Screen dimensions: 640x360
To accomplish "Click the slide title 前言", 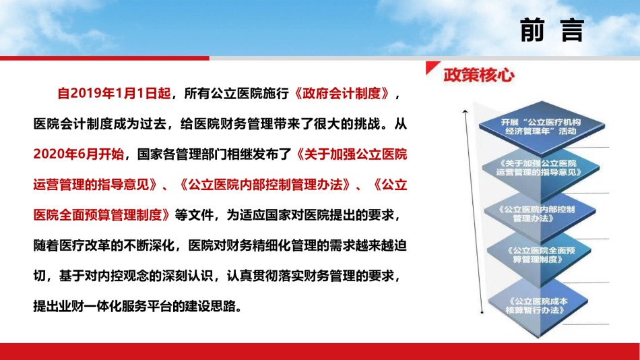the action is pyautogui.click(x=552, y=30).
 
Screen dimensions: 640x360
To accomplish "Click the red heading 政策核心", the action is pyautogui.click(x=479, y=76).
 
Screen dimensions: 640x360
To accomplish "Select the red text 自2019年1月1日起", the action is pyautogui.click(x=114, y=93).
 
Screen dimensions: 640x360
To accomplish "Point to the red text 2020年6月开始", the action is pyautogui.click(x=78, y=154).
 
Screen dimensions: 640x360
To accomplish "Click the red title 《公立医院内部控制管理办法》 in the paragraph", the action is pyautogui.click(x=265, y=185).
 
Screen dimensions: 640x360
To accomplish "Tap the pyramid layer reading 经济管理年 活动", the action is pyautogui.click(x=541, y=127).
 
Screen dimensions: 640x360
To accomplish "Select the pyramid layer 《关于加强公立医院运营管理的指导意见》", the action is pyautogui.click(x=540, y=168).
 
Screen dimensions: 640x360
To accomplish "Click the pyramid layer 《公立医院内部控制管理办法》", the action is pyautogui.click(x=539, y=214).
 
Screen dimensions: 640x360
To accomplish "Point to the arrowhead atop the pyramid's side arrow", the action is pyautogui.click(x=465, y=111).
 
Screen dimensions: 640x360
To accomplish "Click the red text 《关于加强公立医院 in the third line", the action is pyautogui.click(x=351, y=154).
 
